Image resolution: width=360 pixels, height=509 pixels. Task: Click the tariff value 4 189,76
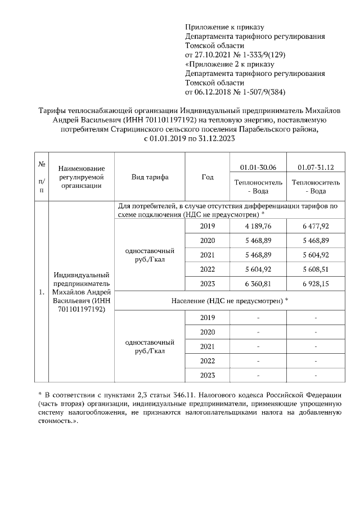coord(258,227)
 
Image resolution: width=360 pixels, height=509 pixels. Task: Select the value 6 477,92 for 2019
coord(316,227)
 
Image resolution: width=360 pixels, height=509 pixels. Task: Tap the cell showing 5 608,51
coord(316,269)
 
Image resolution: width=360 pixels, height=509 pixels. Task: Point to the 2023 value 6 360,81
coord(258,283)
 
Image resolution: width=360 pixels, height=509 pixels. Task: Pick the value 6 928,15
coord(316,283)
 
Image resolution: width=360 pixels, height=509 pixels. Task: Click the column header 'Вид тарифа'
coord(150,177)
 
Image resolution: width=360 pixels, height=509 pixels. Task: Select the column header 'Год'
coord(207,177)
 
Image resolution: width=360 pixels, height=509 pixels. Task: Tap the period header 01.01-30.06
coord(258,167)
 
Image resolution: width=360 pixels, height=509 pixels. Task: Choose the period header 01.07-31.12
coord(316,167)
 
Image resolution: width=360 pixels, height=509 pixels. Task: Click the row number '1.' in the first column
coord(42,292)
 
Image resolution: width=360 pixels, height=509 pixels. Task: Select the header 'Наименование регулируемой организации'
coord(82,177)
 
